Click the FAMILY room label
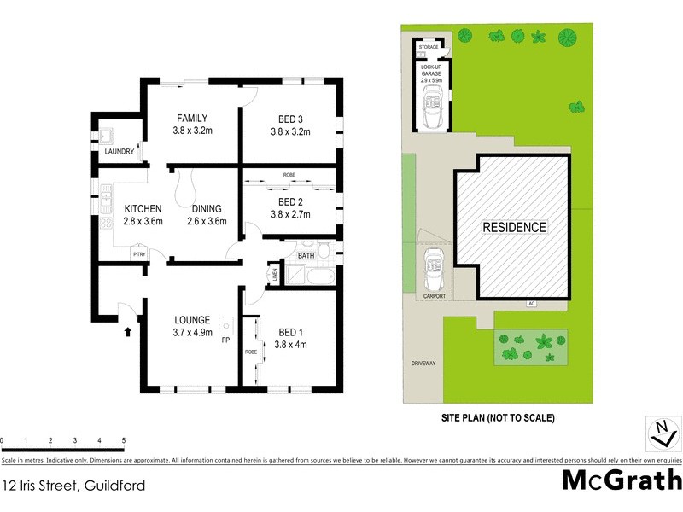pyautogui.click(x=192, y=118)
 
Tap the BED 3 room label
pyautogui.click(x=290, y=118)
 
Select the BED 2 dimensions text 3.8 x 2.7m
pyautogui.click(x=290, y=215)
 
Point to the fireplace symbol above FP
pyautogui.click(x=225, y=325)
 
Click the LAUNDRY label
pyautogui.click(x=119, y=152)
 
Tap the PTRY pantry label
pyautogui.click(x=137, y=254)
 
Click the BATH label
pyautogui.click(x=306, y=255)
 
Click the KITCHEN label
pyautogui.click(x=143, y=208)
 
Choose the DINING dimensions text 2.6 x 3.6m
pyautogui.click(x=206, y=220)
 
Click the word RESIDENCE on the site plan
pyautogui.click(x=514, y=227)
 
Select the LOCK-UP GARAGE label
pyautogui.click(x=431, y=71)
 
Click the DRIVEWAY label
pyautogui.click(x=423, y=363)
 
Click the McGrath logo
pyautogui.click(x=621, y=480)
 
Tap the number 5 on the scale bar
pyautogui.click(x=124, y=440)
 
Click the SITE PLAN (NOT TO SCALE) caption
pyautogui.click(x=499, y=417)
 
